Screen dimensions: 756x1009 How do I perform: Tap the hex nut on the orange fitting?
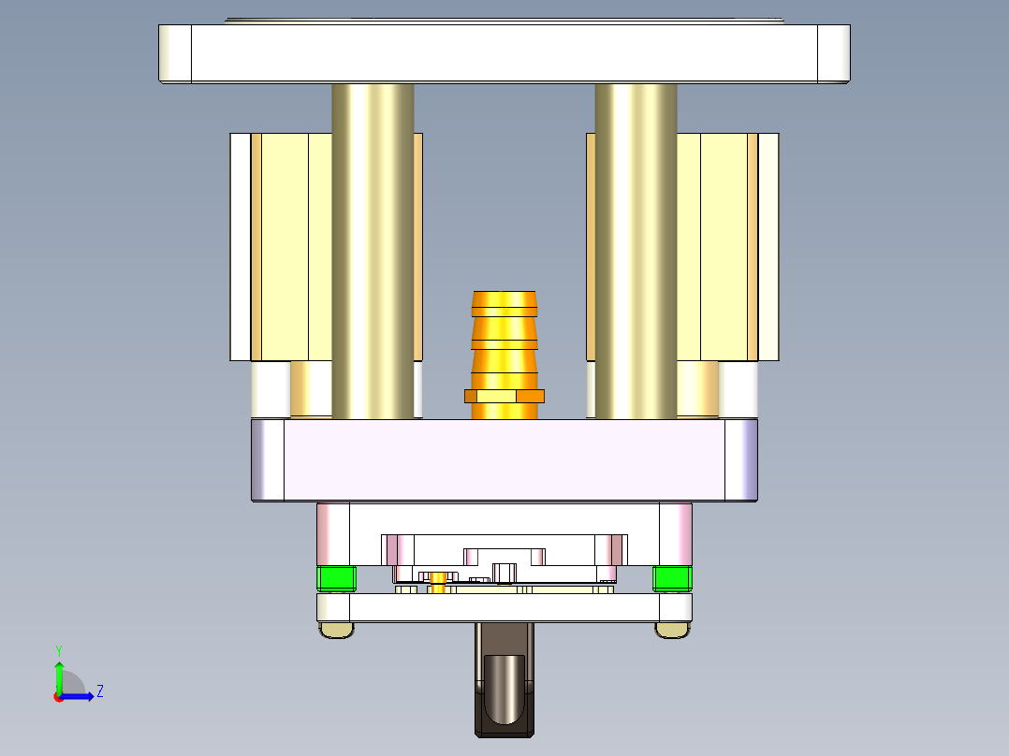(504, 396)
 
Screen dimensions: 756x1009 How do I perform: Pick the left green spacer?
(337, 579)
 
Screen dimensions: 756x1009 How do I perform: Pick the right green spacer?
(672, 579)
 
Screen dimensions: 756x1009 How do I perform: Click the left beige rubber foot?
(337, 631)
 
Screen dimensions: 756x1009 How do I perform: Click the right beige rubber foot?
(672, 631)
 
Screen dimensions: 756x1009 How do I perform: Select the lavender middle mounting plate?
(504, 460)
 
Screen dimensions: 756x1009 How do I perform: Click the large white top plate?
(504, 52)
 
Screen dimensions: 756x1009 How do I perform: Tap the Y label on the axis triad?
(58, 649)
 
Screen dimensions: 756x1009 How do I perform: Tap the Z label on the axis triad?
(99, 692)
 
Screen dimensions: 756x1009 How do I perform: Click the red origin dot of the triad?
(59, 696)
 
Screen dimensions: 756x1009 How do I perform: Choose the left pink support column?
(332, 533)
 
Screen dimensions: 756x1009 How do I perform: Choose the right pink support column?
(675, 533)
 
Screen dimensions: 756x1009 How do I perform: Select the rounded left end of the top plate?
(175, 53)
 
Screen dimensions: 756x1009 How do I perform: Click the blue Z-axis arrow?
(80, 696)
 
